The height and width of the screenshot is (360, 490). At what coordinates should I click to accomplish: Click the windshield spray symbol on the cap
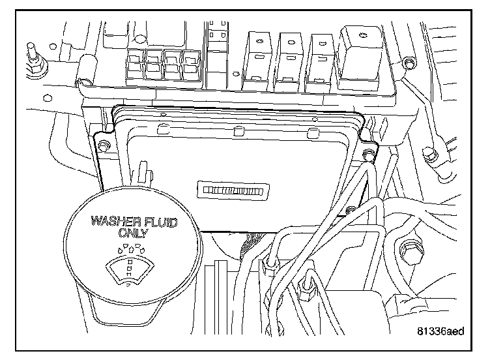[132, 265]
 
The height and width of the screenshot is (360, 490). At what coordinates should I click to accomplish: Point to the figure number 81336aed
[440, 331]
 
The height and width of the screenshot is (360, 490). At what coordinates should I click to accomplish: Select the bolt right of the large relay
[408, 63]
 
